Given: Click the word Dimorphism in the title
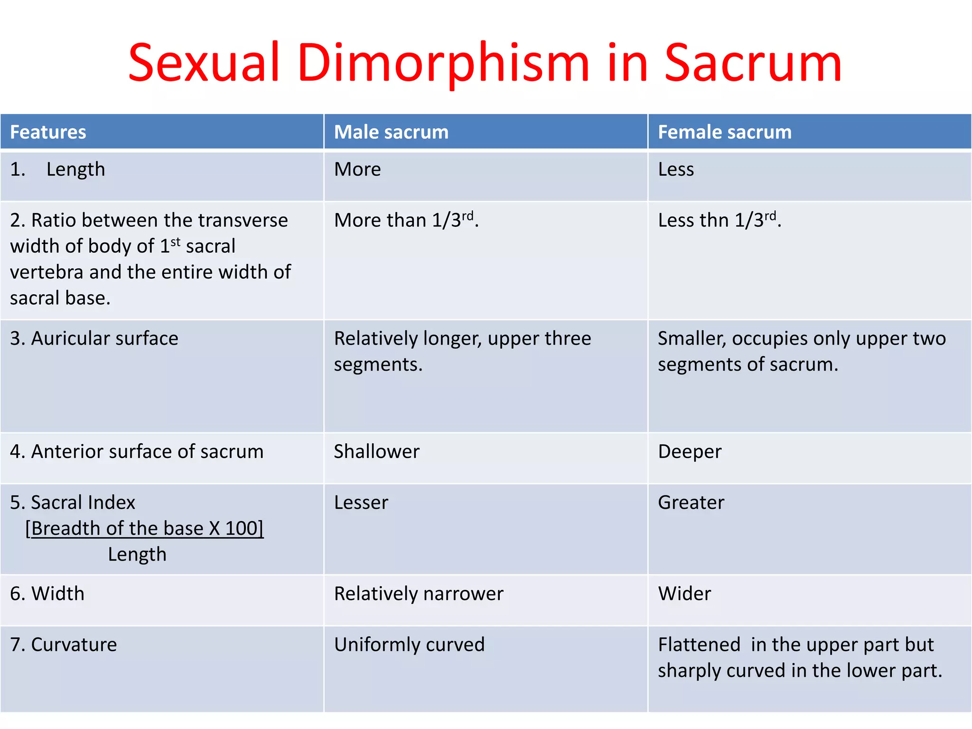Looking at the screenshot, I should click(x=443, y=63).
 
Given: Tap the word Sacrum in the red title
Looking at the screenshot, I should click(x=753, y=63).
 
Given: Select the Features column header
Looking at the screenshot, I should click(x=48, y=132).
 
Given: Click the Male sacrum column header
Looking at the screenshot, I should click(x=391, y=132).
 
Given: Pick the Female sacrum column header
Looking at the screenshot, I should click(x=725, y=132).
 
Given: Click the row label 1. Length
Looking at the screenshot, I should click(x=57, y=169).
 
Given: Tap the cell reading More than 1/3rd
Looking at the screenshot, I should click(x=406, y=220).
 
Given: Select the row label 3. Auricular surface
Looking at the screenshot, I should click(x=94, y=338).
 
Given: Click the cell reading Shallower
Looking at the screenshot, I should click(x=377, y=451).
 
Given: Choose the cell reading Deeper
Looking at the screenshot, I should click(x=690, y=451).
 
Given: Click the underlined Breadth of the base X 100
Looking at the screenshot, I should click(x=144, y=528).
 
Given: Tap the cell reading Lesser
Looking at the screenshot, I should click(x=361, y=503).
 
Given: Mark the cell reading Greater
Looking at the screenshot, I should click(x=691, y=503).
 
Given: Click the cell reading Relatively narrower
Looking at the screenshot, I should click(x=419, y=594).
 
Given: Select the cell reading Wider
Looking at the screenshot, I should click(x=684, y=594).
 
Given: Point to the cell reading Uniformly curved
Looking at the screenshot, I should click(x=409, y=645).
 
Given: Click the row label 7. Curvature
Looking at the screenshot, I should click(x=63, y=645).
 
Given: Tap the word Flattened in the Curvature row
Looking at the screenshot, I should click(x=699, y=645).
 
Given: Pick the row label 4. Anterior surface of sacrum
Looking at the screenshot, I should click(x=137, y=451).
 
